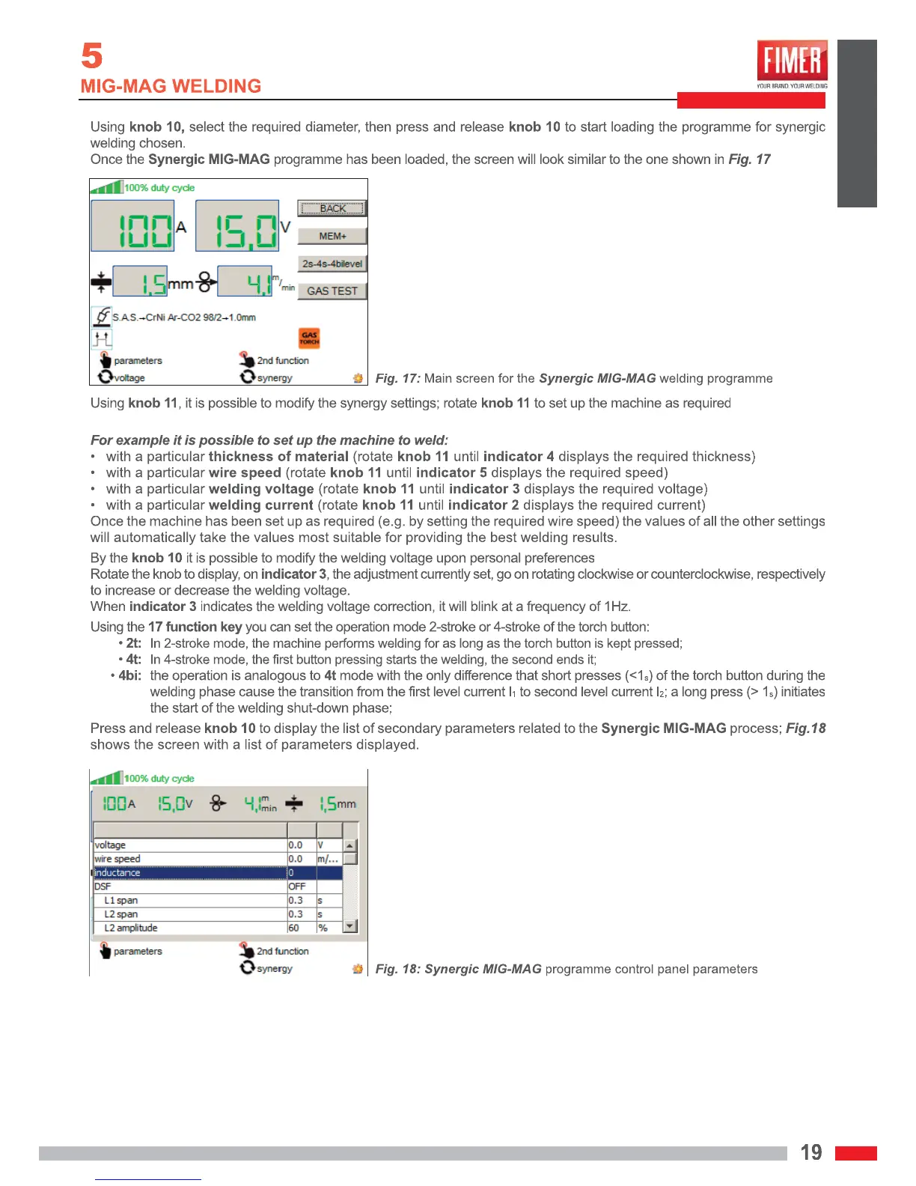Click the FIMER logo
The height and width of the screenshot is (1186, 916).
click(x=792, y=61)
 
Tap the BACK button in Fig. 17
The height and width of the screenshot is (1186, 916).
click(x=332, y=208)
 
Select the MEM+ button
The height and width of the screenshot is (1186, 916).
click(x=332, y=236)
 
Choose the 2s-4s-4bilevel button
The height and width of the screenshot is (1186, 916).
click(x=332, y=264)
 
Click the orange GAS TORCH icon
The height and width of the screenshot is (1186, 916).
click(x=309, y=338)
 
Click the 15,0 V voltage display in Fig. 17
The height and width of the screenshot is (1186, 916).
click(x=237, y=226)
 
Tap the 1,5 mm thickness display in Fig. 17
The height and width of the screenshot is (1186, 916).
click(x=141, y=282)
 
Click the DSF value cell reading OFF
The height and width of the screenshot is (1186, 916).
click(x=298, y=887)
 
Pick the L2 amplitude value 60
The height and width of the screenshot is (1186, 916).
click(x=294, y=928)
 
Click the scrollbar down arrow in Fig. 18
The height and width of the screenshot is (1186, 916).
click(x=349, y=927)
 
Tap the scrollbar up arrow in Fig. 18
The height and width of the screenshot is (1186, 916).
click(x=349, y=845)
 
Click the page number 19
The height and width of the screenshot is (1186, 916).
click(x=811, y=1152)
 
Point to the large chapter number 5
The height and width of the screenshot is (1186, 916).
click(x=91, y=56)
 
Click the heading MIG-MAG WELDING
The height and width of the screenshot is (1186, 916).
click(x=171, y=86)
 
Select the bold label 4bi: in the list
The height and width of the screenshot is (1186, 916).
click(x=130, y=675)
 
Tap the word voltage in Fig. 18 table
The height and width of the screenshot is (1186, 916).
click(x=111, y=845)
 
